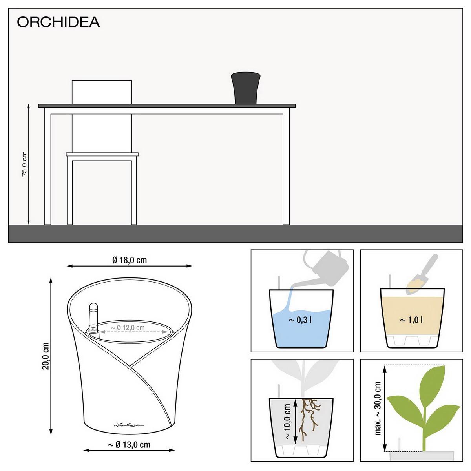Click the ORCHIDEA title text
tap(58, 22)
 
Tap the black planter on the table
tap(246, 88)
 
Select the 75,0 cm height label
tap(24, 164)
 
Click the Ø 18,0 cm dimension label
tap(130, 260)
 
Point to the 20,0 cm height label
tap(46, 356)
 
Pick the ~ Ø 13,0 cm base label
tap(129, 445)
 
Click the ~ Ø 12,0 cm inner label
tap(128, 327)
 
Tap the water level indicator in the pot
tap(93, 319)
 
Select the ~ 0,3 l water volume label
tap(300, 320)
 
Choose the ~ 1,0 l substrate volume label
tap(411, 320)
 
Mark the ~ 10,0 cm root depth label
tap(287, 422)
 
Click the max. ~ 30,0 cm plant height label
tap(378, 408)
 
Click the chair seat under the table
tap(102, 154)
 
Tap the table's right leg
tap(286, 169)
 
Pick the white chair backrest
tap(102, 92)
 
